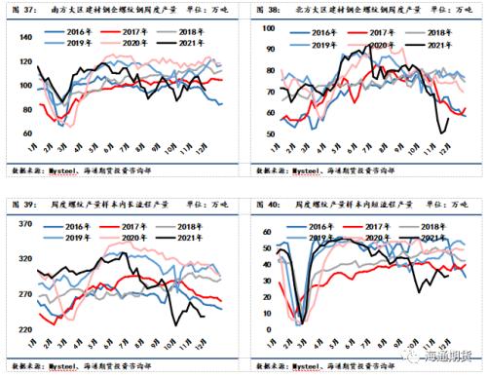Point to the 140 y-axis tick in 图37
point(24,37)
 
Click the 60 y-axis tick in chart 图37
point(26,133)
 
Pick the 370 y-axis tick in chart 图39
point(24,225)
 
